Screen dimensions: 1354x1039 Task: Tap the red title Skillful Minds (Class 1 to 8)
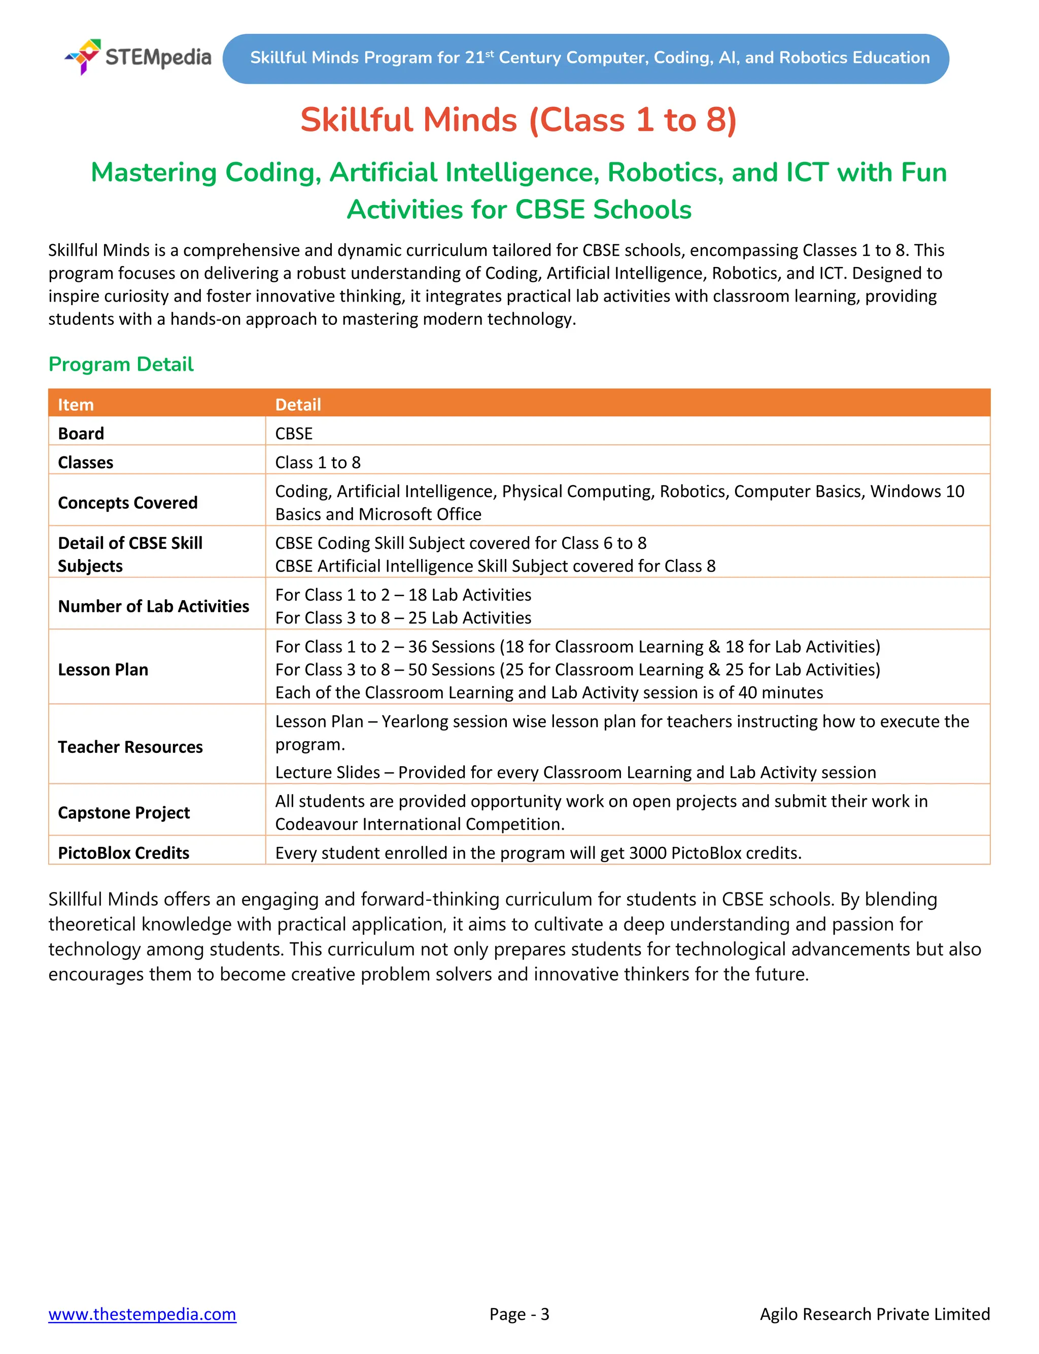point(518,119)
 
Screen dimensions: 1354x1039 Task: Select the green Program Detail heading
point(121,364)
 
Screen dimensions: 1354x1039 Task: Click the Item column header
point(76,405)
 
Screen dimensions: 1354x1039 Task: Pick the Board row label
point(81,433)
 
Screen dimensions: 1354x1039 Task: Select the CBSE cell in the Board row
point(294,433)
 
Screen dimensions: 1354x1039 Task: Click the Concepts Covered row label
point(127,503)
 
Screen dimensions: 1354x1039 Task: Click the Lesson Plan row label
point(102,670)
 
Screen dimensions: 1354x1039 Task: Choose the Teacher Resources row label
point(130,747)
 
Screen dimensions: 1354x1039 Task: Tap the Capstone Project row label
point(124,812)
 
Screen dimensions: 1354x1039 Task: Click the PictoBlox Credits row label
point(123,853)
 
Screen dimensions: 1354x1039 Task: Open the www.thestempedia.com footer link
point(142,1314)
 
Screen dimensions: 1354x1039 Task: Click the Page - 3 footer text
point(519,1314)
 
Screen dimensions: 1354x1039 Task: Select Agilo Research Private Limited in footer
point(875,1314)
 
